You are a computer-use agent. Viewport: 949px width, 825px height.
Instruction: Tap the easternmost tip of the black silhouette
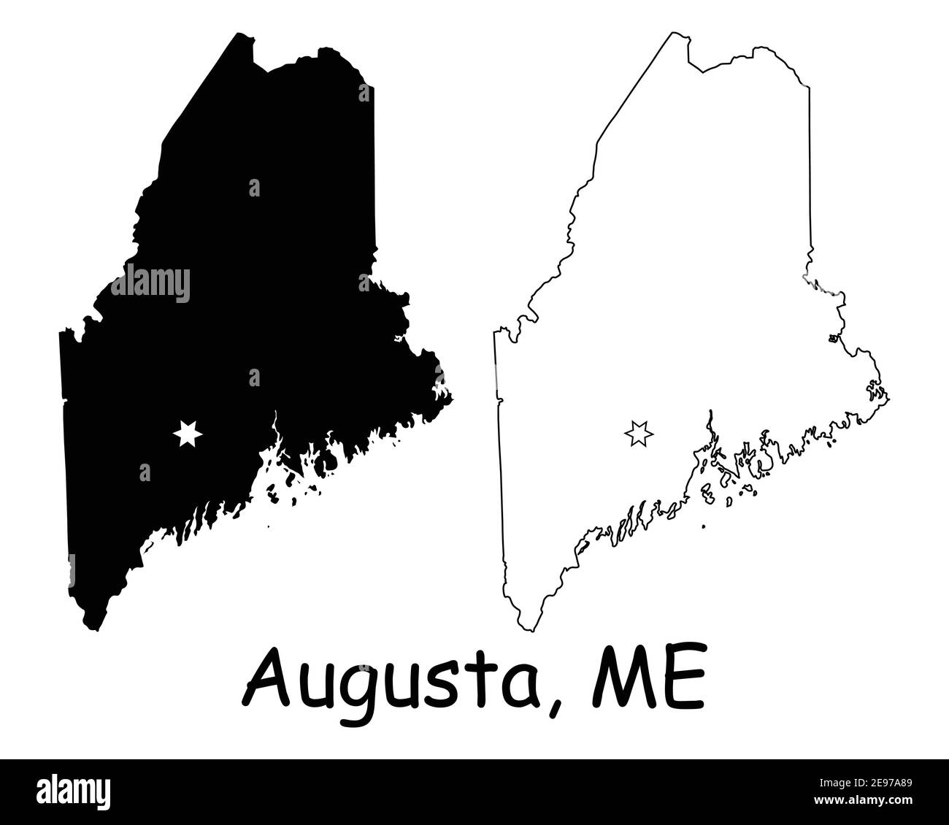pyautogui.click(x=452, y=398)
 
